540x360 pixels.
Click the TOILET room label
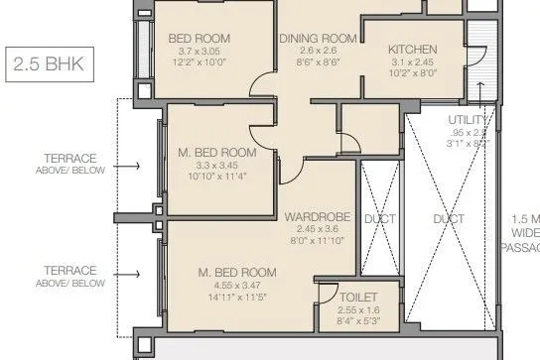click(357, 297)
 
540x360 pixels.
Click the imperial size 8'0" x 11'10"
click(314, 239)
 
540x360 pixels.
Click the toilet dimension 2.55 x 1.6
click(357, 308)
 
